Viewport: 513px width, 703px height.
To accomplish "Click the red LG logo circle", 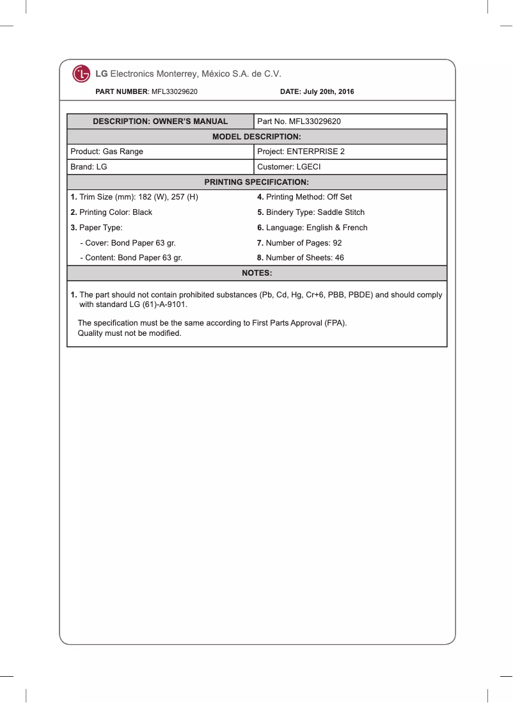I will (x=81, y=74).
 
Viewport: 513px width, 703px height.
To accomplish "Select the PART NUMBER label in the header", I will (x=122, y=92).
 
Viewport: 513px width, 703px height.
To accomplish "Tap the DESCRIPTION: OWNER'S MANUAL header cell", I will (x=161, y=122).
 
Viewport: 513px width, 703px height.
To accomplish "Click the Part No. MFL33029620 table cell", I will (x=299, y=122).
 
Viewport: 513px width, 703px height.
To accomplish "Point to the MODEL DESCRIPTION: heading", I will (x=256, y=137).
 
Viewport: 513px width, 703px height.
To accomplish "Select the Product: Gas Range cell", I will (x=107, y=152).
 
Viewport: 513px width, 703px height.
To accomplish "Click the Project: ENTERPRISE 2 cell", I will (x=301, y=152).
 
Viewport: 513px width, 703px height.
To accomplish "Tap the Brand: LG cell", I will (x=89, y=167).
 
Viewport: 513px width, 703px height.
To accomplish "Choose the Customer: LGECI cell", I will (x=288, y=167).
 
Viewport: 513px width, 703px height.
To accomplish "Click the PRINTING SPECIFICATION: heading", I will (x=256, y=182).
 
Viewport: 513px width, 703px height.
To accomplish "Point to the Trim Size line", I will (x=134, y=197).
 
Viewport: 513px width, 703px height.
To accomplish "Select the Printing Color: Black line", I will (x=111, y=212).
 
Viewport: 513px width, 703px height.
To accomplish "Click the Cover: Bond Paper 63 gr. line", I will (x=127, y=243).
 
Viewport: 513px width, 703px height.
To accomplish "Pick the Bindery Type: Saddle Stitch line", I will (x=311, y=212).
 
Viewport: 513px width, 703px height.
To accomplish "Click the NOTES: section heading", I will (x=256, y=273).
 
